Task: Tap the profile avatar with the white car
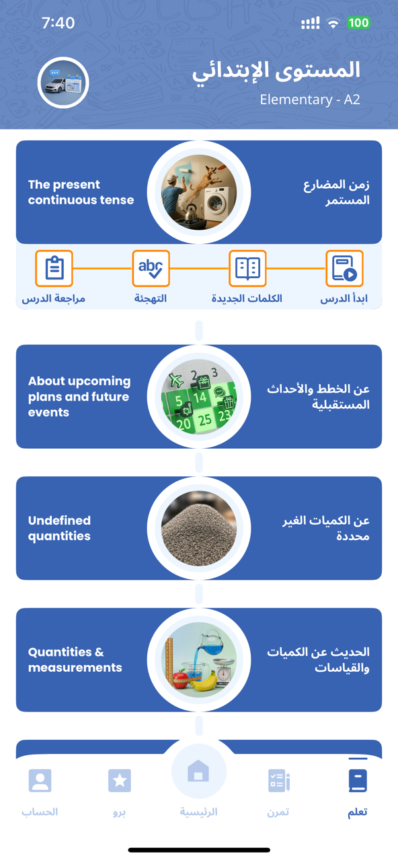(63, 83)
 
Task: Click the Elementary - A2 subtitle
(310, 100)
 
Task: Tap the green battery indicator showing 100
(358, 23)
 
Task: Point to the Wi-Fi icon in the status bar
(333, 24)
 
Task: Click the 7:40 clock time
(58, 23)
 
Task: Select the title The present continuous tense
(81, 192)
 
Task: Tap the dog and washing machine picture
(199, 193)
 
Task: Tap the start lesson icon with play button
(344, 269)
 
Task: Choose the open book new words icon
(247, 269)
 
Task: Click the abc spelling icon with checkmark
(151, 269)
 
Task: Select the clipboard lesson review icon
(54, 269)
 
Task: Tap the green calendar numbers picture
(199, 397)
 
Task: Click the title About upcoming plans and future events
(79, 396)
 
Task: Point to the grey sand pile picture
(199, 529)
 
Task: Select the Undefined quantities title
(59, 528)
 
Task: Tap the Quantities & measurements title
(75, 660)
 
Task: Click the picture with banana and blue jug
(199, 660)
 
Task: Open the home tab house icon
(198, 772)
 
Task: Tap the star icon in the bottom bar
(120, 780)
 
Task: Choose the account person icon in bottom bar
(40, 780)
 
